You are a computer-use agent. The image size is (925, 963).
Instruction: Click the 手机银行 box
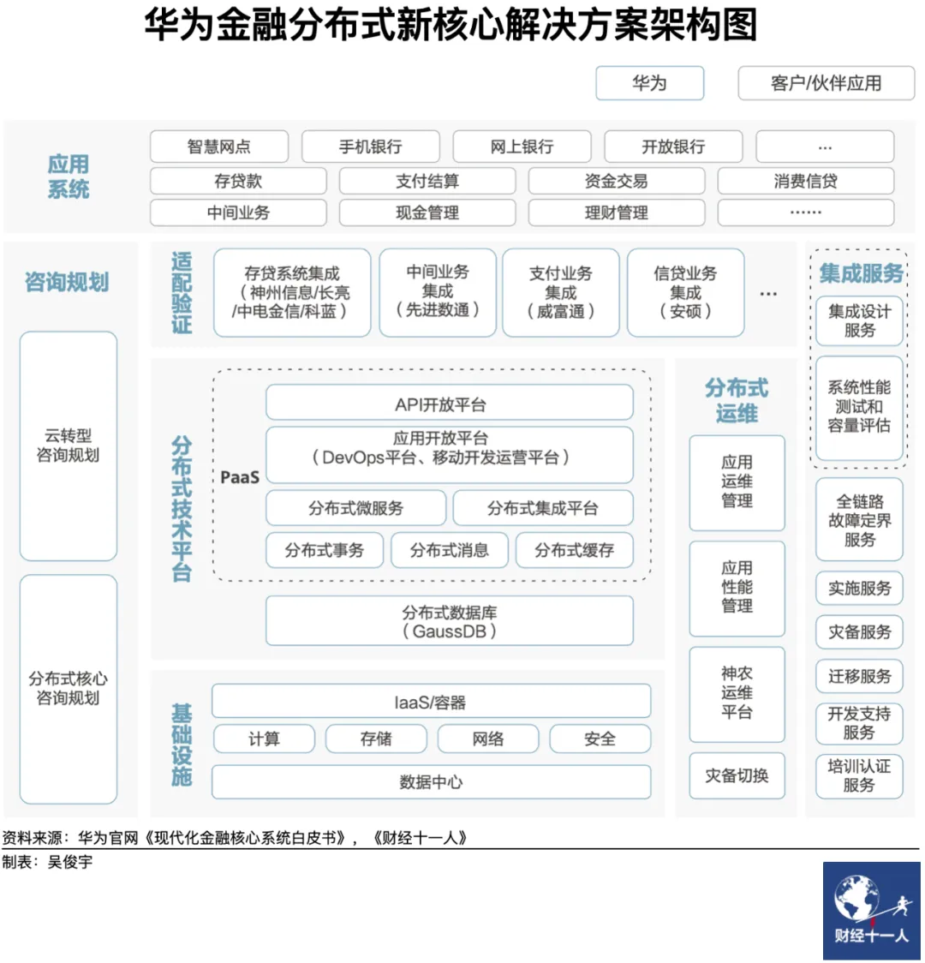point(370,147)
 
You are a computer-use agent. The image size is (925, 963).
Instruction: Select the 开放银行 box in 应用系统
point(673,147)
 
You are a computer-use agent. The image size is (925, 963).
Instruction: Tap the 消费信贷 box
point(805,181)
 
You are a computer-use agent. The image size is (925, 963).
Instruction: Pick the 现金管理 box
point(427,212)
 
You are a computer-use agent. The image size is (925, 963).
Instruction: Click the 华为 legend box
point(649,83)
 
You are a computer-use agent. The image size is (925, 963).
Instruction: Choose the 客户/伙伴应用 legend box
point(826,83)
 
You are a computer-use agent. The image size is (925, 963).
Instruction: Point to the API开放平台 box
point(449,404)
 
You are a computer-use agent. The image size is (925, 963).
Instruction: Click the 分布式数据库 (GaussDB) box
point(449,621)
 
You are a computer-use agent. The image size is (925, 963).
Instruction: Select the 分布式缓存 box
point(574,550)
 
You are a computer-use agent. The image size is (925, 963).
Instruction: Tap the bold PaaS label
point(240,476)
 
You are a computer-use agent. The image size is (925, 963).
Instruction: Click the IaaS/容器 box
point(431,703)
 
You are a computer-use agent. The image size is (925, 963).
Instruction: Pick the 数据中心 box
point(431,781)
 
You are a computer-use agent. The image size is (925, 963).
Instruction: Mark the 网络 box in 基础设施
point(488,739)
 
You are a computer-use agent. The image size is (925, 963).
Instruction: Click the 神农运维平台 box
point(737,693)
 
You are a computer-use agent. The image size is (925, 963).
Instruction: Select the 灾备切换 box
point(737,775)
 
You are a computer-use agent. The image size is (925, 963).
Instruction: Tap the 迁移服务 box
point(859,676)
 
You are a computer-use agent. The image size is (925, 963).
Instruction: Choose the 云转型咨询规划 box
point(68,446)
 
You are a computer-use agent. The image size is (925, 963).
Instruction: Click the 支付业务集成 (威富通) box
point(560,292)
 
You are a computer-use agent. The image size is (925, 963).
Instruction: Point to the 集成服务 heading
point(861,273)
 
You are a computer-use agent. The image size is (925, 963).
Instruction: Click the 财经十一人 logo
point(871,911)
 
